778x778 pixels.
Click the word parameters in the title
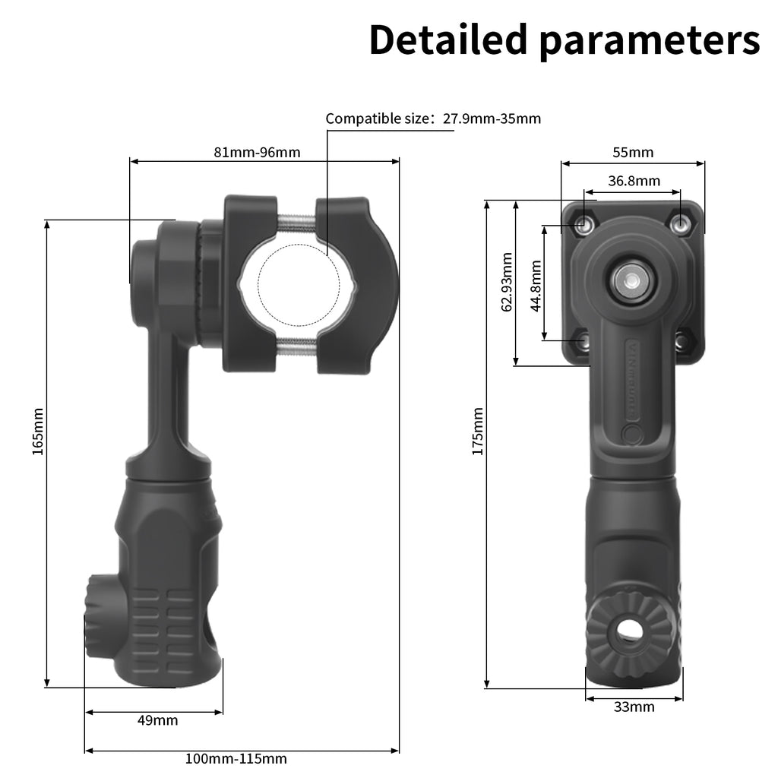coord(650,41)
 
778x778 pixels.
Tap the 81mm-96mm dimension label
coord(257,152)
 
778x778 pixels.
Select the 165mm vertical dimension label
coord(38,431)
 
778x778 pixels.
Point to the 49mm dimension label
coord(157,720)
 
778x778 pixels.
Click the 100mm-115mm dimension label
coord(236,758)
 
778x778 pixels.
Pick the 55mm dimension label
coord(633,152)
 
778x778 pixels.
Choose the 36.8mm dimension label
coord(634,181)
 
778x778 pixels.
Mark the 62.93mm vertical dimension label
coord(507,282)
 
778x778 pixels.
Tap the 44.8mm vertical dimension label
coord(536,286)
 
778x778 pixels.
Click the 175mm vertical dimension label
coord(477,431)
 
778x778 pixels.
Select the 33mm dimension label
coord(634,707)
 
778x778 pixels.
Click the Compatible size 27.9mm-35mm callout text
coord(433,119)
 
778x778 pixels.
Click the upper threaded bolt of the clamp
coord(297,222)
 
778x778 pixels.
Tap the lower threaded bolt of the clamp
coord(297,347)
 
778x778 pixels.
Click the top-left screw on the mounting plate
coord(583,224)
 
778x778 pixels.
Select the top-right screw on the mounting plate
coord(682,224)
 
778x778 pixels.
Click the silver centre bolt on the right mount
coord(629,280)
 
